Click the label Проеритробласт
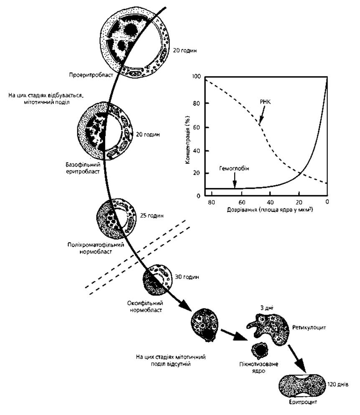[91, 75]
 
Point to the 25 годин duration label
[152, 215]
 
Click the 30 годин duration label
[187, 277]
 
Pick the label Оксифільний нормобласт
[145, 306]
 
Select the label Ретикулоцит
[309, 328]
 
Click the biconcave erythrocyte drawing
[302, 385]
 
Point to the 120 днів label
[338, 384]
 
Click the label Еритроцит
[303, 402]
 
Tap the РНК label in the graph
[265, 102]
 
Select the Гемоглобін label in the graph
[234, 168]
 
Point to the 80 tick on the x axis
[211, 202]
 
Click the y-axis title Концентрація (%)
[188, 139]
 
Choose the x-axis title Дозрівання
[242, 210]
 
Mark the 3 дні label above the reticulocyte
[266, 308]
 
